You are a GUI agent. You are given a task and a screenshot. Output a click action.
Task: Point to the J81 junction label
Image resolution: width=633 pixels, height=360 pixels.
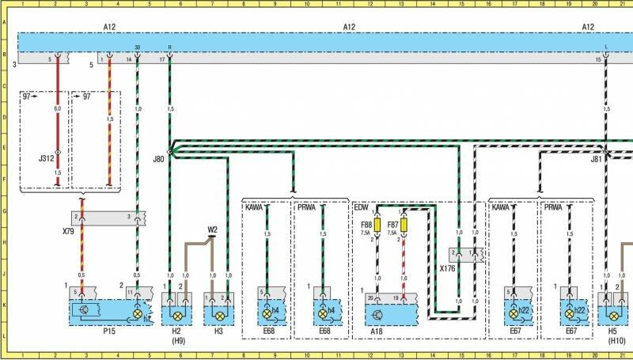pos(596,158)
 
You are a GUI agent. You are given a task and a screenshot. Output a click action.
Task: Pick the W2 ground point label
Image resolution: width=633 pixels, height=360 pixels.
pos(212,229)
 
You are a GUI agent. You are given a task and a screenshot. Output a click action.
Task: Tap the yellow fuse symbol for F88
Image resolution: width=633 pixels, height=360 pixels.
pos(377,226)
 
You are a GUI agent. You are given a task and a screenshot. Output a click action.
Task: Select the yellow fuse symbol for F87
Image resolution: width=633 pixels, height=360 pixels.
pos(404,226)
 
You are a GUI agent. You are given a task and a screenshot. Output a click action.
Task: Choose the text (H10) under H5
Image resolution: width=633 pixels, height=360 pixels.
pos(616,340)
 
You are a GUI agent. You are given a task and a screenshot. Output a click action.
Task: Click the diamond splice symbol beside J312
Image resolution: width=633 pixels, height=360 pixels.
pos(57,152)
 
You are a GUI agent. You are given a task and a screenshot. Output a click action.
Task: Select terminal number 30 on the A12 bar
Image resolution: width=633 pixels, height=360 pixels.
pos(138,47)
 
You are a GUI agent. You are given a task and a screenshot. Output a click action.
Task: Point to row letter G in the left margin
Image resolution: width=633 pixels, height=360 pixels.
pos(6,210)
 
